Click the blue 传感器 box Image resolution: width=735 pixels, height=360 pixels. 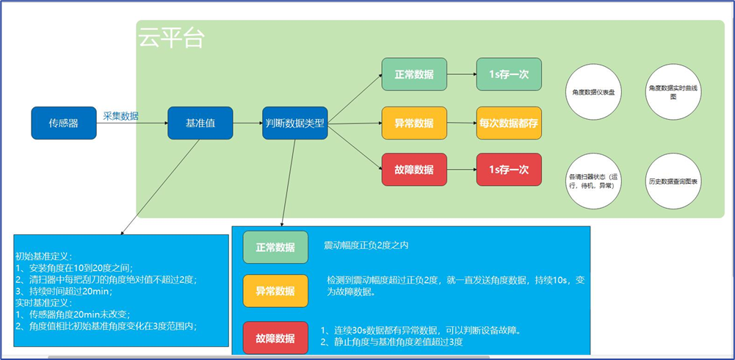click(64, 123)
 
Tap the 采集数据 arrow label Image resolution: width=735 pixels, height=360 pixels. click(121, 116)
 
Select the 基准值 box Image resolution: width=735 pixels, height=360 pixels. click(200, 123)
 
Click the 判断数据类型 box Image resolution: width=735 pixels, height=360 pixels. click(294, 123)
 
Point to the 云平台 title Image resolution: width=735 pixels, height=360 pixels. click(171, 38)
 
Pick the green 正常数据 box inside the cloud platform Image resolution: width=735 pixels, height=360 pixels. click(414, 74)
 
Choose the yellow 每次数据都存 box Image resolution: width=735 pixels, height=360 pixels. click(509, 123)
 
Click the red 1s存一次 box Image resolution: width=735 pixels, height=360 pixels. click(509, 170)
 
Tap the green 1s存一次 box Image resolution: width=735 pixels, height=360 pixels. click(509, 74)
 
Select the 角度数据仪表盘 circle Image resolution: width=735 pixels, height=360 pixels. click(594, 93)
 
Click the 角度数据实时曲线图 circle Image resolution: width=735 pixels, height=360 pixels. click(673, 93)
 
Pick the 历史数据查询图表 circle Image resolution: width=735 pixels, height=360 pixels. click(673, 181)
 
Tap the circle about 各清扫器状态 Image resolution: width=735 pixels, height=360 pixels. click(594, 181)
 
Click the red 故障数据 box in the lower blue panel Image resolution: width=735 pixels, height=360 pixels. click(275, 338)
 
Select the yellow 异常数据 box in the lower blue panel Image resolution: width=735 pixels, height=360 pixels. click(275, 291)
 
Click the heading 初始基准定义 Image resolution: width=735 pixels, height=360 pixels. click(44, 257)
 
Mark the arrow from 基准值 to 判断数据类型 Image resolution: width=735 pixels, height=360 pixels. click(247, 123)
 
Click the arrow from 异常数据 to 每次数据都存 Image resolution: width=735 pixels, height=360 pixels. click(461, 123)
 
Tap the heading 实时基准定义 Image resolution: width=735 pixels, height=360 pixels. click(44, 303)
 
